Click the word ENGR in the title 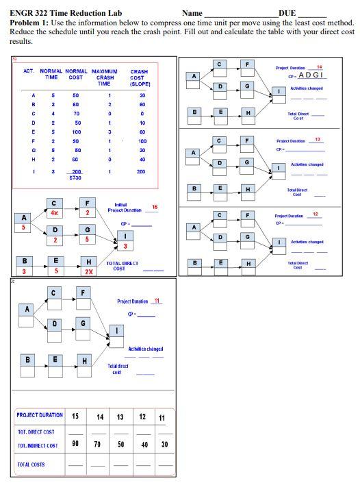pyautogui.click(x=22, y=13)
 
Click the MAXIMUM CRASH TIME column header pyautogui.click(x=104, y=77)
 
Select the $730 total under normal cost pyautogui.click(x=75, y=177)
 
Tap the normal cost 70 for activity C pyautogui.click(x=76, y=113)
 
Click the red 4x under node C pyautogui.click(x=53, y=212)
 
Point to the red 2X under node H pyautogui.click(x=88, y=271)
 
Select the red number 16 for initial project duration pyautogui.click(x=155, y=207)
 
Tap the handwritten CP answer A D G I pyautogui.click(x=311, y=75)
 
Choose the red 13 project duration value pyautogui.click(x=317, y=140)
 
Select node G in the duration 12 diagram pyautogui.click(x=247, y=236)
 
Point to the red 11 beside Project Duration pyautogui.click(x=157, y=301)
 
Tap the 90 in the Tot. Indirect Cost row pyautogui.click(x=75, y=445)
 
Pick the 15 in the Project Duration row pyautogui.click(x=75, y=416)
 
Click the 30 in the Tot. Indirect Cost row pyautogui.click(x=164, y=445)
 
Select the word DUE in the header pyautogui.click(x=287, y=13)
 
